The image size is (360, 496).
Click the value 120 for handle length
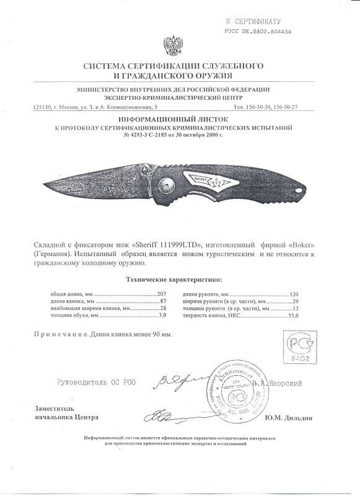pyautogui.click(x=294, y=293)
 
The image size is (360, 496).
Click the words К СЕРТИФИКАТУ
pyautogui.click(x=258, y=20)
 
